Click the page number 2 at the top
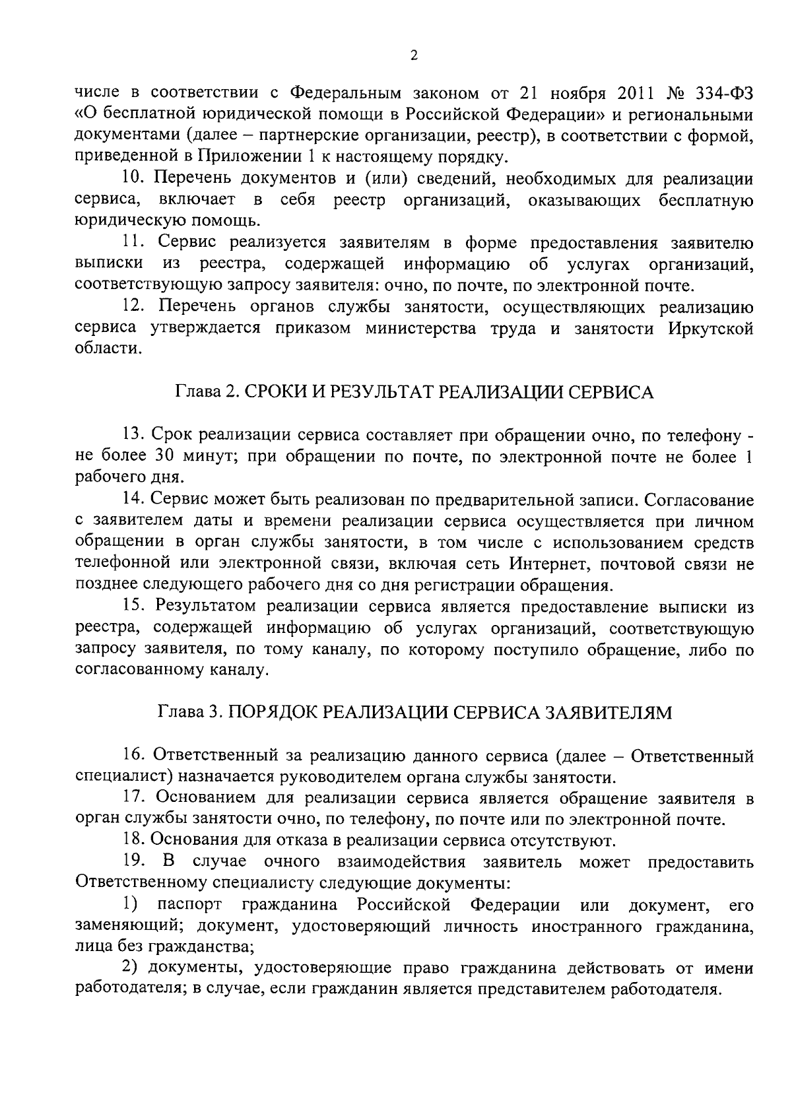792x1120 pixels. coord(414,56)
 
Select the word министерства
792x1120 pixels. coord(421,329)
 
